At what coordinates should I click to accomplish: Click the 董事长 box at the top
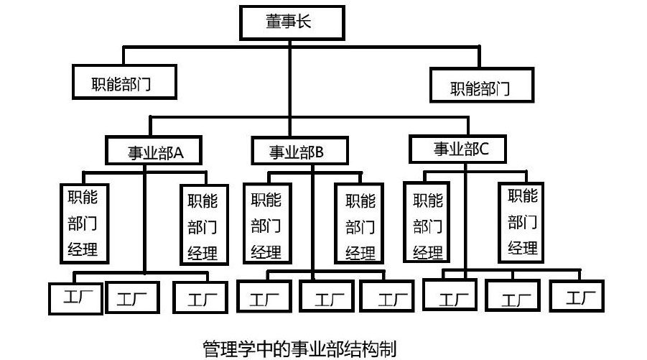click(x=289, y=22)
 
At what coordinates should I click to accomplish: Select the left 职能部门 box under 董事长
click(x=124, y=82)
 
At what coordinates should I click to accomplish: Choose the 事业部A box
click(x=154, y=151)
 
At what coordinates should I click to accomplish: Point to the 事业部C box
click(x=460, y=149)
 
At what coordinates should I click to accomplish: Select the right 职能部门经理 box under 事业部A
click(x=203, y=226)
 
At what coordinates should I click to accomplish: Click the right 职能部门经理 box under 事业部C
click(x=522, y=221)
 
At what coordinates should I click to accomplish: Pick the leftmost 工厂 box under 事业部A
click(x=75, y=297)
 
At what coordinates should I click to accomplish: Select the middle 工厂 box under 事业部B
click(x=325, y=297)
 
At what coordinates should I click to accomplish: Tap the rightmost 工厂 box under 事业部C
click(x=577, y=295)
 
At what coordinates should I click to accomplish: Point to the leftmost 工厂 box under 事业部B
click(x=263, y=297)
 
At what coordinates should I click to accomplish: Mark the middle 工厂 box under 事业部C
click(x=512, y=295)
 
